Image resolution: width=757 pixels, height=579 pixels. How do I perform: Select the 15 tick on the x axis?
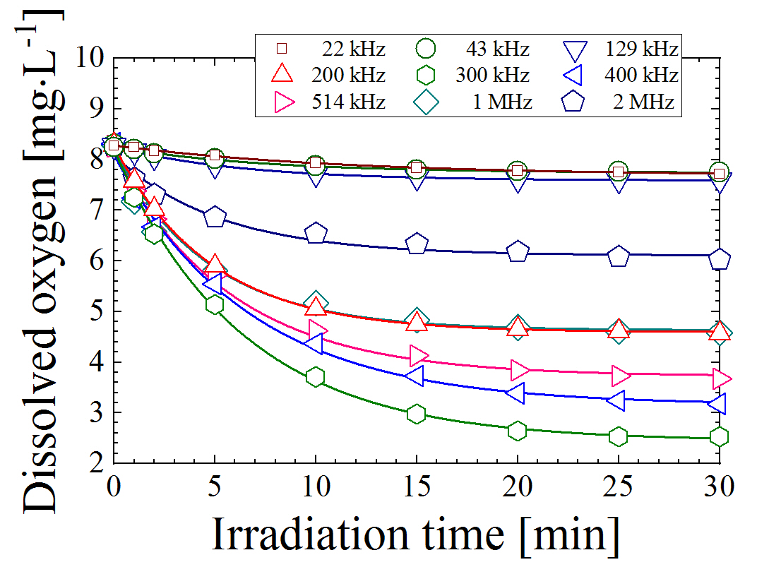coord(417,487)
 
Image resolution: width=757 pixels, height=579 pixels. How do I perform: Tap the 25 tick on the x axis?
coord(619,487)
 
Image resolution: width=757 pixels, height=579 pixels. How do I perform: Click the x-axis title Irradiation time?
coord(415,535)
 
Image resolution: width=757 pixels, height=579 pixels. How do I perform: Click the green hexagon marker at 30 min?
coord(720,437)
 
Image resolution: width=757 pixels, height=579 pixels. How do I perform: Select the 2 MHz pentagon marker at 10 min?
coord(316,233)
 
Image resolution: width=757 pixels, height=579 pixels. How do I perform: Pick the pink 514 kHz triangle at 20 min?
coord(519,369)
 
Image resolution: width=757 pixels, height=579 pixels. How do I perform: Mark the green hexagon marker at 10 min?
coord(316,377)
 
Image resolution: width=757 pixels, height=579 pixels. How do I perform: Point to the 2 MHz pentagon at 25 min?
coord(619,256)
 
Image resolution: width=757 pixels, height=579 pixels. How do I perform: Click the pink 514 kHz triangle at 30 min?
coord(721,378)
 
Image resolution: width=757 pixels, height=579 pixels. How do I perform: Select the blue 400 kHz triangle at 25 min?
coord(617,400)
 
